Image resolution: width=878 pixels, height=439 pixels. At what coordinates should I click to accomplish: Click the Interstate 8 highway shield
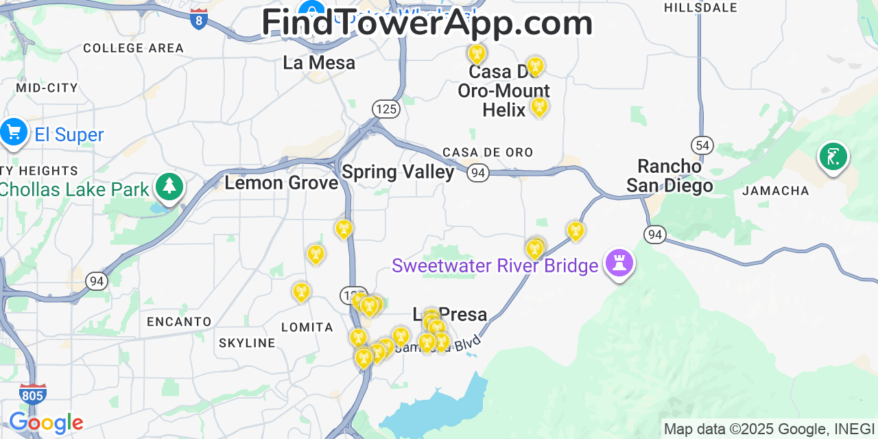(199, 19)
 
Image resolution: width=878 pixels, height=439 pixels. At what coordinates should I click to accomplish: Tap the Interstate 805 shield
(32, 394)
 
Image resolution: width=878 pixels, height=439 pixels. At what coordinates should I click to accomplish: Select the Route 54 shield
(702, 145)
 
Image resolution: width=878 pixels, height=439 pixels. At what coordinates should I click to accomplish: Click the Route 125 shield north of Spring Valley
(386, 108)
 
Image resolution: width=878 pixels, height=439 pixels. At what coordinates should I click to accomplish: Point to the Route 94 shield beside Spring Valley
(478, 172)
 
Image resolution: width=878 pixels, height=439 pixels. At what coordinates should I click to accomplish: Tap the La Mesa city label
(319, 63)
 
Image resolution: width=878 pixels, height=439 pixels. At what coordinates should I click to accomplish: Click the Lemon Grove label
(281, 182)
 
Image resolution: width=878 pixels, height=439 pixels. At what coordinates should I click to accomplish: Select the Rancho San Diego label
(669, 176)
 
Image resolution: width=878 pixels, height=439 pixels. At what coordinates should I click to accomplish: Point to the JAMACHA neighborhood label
(776, 191)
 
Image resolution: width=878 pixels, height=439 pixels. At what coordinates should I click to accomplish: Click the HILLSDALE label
(700, 8)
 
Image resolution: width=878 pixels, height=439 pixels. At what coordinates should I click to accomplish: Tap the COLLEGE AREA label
(134, 48)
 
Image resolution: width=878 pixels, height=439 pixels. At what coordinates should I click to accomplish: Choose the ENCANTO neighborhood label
(179, 321)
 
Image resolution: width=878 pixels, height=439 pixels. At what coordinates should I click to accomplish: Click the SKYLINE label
(247, 343)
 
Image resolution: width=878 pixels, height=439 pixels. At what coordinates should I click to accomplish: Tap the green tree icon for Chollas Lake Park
(169, 186)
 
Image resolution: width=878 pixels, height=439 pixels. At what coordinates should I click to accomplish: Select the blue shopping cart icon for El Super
(14, 132)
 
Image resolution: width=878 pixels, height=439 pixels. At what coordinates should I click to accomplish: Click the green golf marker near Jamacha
(833, 157)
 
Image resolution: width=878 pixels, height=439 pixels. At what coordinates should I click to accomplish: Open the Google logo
(45, 423)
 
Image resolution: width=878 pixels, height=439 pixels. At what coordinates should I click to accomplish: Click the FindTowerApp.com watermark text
(427, 23)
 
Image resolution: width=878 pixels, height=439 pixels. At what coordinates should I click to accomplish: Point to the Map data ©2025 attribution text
(769, 429)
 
